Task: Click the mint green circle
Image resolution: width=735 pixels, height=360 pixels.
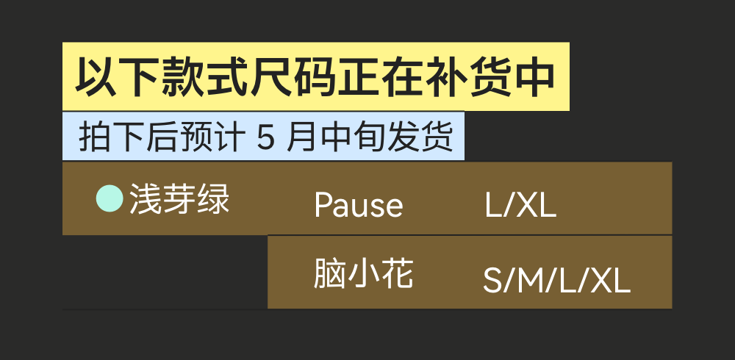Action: pyautogui.click(x=110, y=198)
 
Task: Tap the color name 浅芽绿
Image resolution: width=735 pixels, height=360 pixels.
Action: pyautogui.click(x=180, y=199)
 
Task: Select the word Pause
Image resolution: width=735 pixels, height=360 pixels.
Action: pyautogui.click(x=358, y=205)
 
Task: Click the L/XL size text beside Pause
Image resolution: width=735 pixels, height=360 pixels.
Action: pyautogui.click(x=520, y=206)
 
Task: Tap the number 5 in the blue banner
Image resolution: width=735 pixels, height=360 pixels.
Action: pyautogui.click(x=265, y=137)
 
